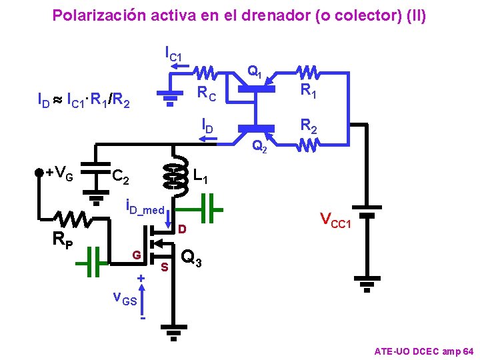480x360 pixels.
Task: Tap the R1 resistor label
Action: [308, 90]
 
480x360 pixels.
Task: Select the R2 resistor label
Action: [308, 125]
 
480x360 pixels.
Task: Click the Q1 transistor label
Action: [255, 71]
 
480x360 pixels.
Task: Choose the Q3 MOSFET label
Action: [193, 257]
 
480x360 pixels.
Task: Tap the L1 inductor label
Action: [200, 177]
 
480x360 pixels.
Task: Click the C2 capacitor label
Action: [121, 177]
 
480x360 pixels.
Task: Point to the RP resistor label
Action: [64, 239]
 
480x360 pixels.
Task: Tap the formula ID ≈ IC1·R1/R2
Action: [83, 101]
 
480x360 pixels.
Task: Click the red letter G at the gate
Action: [136, 255]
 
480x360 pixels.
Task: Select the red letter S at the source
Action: [164, 267]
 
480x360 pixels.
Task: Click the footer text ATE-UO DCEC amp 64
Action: [424, 351]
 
